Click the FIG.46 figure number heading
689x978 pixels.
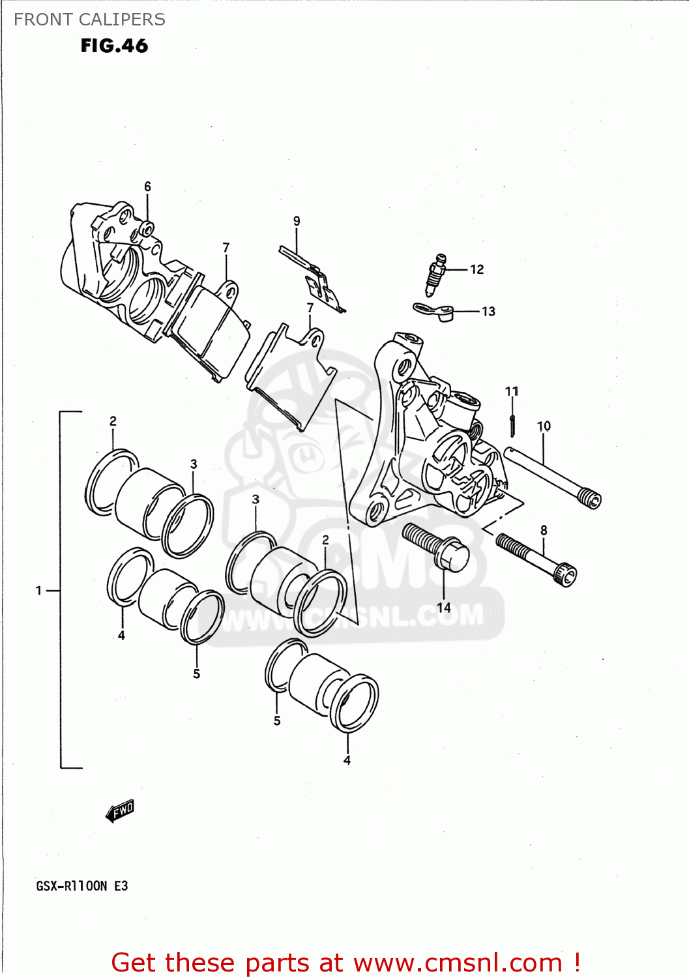click(114, 46)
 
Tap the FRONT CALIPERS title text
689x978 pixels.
click(89, 20)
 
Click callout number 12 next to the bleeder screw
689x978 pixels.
click(476, 269)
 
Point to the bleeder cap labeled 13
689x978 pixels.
click(433, 312)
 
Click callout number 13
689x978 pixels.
click(488, 312)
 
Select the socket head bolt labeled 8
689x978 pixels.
click(536, 559)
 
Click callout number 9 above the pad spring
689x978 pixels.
click(297, 221)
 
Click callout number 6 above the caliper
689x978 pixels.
click(147, 186)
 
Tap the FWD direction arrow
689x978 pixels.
click(120, 811)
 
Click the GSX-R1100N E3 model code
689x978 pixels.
click(82, 886)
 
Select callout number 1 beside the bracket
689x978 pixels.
click(39, 591)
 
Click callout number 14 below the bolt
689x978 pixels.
click(444, 608)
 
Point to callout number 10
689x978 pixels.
click(544, 426)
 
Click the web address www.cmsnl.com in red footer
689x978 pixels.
click(460, 962)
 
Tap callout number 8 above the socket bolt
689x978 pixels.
click(544, 531)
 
